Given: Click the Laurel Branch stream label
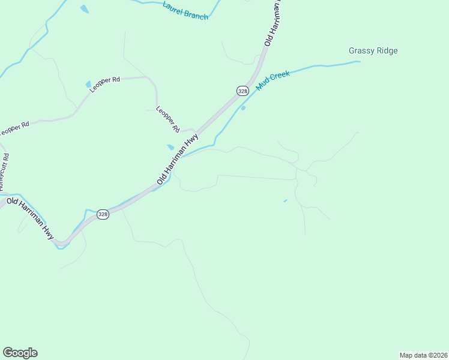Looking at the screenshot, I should [185, 10].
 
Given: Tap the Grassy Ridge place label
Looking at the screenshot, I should [373, 51].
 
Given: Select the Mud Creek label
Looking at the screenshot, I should [273, 80].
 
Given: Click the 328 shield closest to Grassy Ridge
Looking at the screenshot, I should [242, 91].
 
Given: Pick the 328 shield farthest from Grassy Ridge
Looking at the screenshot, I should [103, 214].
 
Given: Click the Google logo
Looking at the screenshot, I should [20, 353].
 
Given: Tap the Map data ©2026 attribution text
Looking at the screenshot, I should [423, 355].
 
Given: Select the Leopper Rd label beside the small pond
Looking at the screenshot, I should [106, 83].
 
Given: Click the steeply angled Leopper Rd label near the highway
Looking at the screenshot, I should [167, 119].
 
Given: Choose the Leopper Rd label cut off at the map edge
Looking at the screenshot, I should [14, 129].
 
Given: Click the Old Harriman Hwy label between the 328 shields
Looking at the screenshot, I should [178, 159].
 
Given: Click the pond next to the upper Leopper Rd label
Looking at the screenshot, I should [88, 84].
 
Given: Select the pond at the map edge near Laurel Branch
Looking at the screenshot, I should [85, 9].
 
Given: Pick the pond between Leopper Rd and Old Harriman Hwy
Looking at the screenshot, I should [170, 147].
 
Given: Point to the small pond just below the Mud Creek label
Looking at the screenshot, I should [243, 108].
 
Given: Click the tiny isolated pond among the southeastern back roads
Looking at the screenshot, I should [285, 200].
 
